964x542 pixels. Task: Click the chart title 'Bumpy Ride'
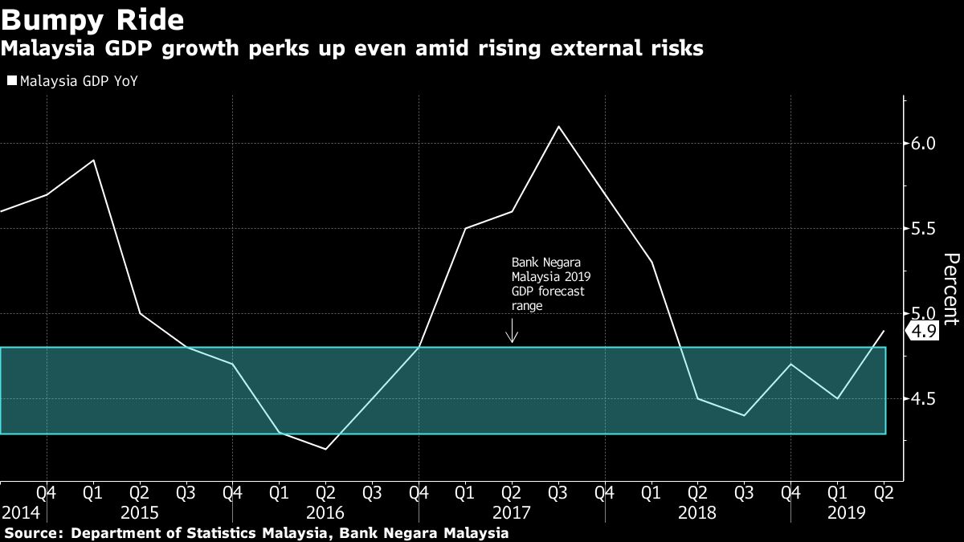93,18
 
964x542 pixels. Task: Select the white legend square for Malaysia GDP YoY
11,80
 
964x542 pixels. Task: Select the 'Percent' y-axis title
951,289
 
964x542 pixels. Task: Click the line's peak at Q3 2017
558,127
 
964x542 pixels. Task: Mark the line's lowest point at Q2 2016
325,449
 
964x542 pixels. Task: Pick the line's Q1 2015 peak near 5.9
94,161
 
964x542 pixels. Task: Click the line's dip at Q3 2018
744,415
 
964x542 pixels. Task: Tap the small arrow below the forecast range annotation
512,332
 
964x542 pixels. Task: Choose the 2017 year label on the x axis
512,512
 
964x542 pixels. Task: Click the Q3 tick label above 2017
558,491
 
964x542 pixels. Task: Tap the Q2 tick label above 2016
325,491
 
